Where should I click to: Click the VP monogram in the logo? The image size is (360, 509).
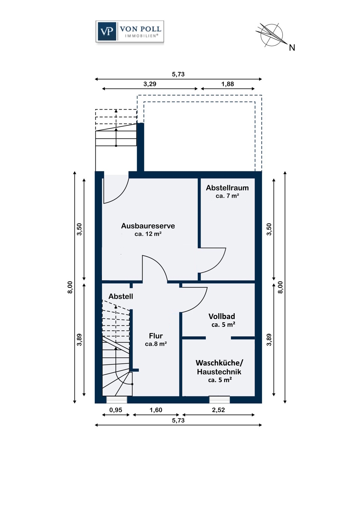pos(107,31)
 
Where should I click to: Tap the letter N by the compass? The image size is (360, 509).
pos(292,48)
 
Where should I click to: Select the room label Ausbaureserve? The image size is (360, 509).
pos(148,226)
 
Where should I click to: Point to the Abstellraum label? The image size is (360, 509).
pos(227,188)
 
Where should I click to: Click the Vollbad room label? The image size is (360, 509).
pos(222,316)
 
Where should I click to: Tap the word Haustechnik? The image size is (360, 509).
pos(219,372)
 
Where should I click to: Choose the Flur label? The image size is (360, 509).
pos(156,336)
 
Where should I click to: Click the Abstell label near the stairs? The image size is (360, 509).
pos(121,296)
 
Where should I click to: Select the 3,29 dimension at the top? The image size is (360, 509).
pos(150,84)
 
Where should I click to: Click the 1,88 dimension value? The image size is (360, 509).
pos(228,84)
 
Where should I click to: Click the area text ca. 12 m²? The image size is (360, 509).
pos(148,234)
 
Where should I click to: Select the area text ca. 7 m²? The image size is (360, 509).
pos(227,196)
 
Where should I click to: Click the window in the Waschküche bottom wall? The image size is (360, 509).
pos(219,400)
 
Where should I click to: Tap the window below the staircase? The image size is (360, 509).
pos(117,400)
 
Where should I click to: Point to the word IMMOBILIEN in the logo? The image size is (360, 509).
pos(141,36)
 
